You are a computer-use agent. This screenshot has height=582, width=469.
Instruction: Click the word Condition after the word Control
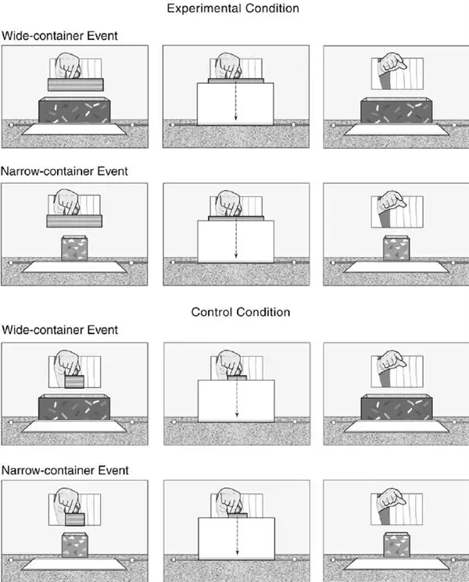[263, 312]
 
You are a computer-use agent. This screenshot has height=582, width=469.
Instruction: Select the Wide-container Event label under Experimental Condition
[59, 36]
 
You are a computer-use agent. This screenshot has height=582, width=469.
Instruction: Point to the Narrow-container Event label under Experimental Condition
[65, 171]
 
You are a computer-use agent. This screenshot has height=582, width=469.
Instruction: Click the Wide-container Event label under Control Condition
[59, 329]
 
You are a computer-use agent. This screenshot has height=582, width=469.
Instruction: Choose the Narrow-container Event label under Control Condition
[65, 470]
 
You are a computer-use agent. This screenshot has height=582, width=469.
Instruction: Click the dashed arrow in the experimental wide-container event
[235, 101]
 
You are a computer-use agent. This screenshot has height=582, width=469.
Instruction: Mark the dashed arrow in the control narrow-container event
[237, 537]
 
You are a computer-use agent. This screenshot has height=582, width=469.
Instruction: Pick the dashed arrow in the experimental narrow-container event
[236, 239]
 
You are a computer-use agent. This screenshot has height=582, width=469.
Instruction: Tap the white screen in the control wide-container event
[236, 401]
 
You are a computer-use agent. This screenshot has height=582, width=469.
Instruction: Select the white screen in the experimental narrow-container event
[236, 241]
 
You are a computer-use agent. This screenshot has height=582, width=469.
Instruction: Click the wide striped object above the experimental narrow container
[74, 221]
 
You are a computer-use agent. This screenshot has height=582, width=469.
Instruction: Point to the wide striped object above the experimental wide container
[76, 84]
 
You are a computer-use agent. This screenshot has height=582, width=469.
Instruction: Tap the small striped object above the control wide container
[74, 382]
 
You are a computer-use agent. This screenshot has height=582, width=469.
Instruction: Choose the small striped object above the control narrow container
[75, 519]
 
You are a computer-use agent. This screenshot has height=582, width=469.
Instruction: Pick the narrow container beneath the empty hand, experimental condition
[396, 248]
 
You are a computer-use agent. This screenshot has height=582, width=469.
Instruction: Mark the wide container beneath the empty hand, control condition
[397, 408]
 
